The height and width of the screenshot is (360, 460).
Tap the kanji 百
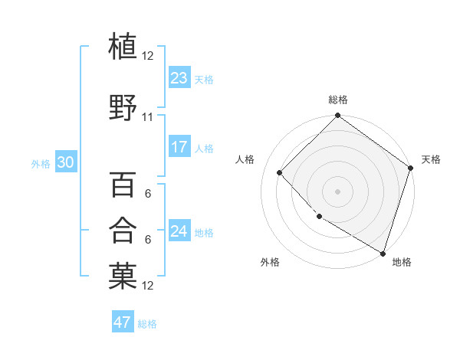click(x=123, y=185)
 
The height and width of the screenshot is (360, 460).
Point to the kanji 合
click(x=123, y=231)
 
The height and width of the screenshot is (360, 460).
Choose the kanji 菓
click(x=123, y=277)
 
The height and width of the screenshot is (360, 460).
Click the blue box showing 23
click(x=179, y=78)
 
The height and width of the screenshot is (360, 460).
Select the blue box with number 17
click(x=179, y=148)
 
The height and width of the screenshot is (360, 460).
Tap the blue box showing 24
click(x=179, y=231)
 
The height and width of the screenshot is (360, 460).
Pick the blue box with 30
click(x=65, y=162)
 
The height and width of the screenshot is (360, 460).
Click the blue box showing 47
click(x=123, y=322)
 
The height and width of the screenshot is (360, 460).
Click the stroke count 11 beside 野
click(x=147, y=117)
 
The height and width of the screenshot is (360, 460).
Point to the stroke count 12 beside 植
click(x=147, y=56)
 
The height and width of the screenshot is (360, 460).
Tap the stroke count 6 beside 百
click(x=147, y=195)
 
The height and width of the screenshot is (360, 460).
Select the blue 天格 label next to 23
click(x=204, y=79)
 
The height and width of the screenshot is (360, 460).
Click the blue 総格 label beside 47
click(x=147, y=323)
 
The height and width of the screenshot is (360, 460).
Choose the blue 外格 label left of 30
click(x=41, y=163)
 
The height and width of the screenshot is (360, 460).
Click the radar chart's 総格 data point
click(x=337, y=116)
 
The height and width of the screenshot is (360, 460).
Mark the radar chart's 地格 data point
click(x=383, y=252)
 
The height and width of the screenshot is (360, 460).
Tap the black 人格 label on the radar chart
click(x=245, y=159)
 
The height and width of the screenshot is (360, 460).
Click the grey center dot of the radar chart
click(x=337, y=191)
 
